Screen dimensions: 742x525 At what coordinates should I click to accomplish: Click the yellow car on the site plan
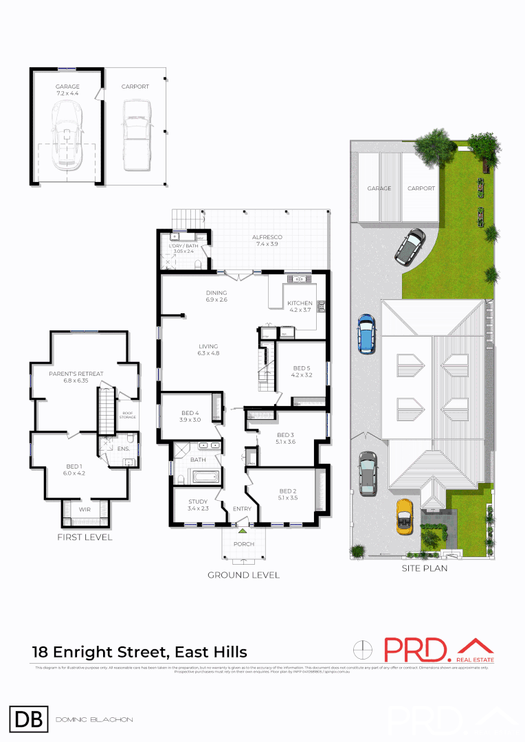404,516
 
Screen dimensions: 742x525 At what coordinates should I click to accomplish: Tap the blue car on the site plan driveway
366,333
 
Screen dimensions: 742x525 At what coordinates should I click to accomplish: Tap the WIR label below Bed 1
85,510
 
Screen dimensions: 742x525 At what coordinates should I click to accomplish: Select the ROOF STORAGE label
128,415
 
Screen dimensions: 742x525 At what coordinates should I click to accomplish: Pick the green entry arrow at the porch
242,530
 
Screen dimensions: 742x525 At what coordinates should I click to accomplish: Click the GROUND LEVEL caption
243,575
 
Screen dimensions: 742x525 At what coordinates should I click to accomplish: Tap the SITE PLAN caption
421,568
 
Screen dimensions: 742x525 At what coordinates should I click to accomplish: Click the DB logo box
28,719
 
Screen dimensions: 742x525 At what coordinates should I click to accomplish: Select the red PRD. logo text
416,651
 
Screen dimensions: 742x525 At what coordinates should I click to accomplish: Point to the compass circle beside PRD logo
364,649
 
